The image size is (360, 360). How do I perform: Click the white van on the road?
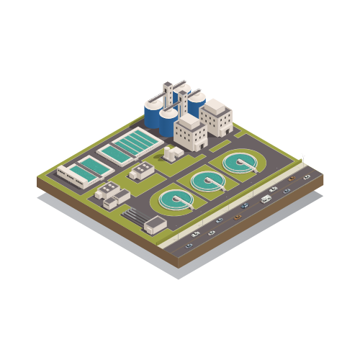pyautogui.click(x=266, y=199)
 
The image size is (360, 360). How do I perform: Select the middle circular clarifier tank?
pyautogui.click(x=207, y=180)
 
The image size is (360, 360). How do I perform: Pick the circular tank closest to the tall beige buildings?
pyautogui.click(x=241, y=163)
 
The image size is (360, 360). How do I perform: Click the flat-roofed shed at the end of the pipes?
pyautogui.click(x=155, y=225)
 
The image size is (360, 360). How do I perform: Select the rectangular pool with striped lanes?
pyautogui.click(x=130, y=145)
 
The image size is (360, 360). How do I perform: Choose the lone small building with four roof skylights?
pyautogui.click(x=141, y=171)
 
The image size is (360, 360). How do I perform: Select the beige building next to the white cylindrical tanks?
pyautogui.click(x=190, y=134)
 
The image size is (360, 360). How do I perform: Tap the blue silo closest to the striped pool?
pyautogui.click(x=153, y=115)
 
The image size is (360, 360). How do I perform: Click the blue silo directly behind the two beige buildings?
pyautogui.click(x=195, y=102)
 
